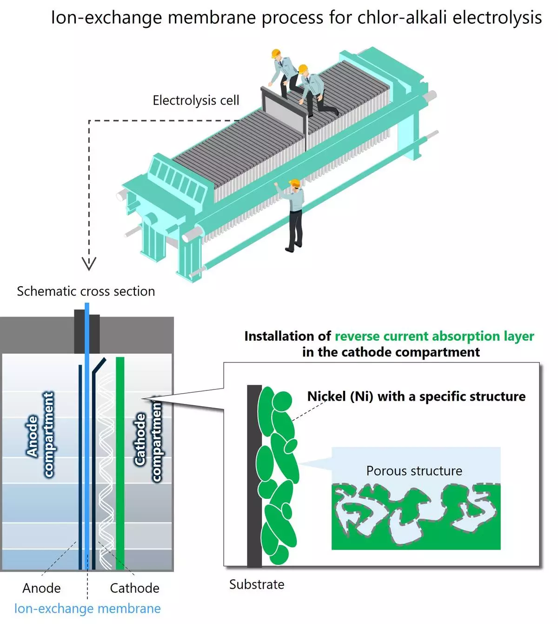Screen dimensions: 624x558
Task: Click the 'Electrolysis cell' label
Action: click(196, 101)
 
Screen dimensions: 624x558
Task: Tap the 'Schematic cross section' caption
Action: click(86, 291)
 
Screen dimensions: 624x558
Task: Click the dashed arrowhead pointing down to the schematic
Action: click(89, 263)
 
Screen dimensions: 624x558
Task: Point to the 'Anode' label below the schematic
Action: click(41, 588)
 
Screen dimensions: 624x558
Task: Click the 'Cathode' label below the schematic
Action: click(134, 588)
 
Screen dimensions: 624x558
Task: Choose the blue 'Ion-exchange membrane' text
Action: click(87, 609)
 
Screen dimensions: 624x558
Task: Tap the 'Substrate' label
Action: click(257, 584)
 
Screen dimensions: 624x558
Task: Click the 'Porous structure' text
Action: click(414, 471)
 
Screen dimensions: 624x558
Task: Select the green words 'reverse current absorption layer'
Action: click(434, 336)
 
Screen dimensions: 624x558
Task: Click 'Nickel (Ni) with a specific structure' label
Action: click(416, 396)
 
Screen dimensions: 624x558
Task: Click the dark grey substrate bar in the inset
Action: click(254, 475)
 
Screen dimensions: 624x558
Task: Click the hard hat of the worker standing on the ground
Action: click(294, 183)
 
